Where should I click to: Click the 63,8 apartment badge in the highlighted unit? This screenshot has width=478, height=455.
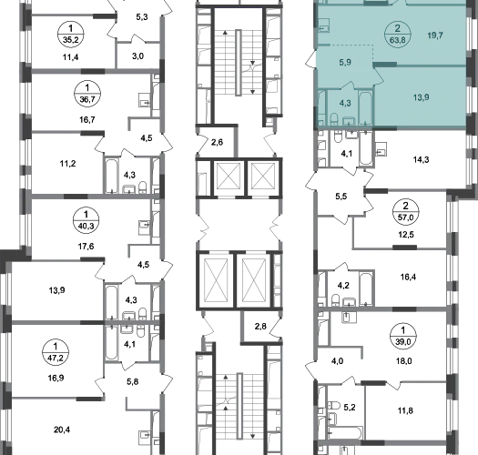[398, 35]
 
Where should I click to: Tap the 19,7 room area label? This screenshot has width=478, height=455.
[435, 35]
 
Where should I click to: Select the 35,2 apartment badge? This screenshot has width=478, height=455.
[71, 35]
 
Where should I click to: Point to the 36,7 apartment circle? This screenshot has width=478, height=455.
[87, 94]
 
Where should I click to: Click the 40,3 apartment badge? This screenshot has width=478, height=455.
[86, 220]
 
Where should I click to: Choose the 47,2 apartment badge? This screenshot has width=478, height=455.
[56, 352]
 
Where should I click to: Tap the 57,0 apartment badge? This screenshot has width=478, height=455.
[406, 211]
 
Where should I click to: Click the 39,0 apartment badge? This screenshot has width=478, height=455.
[403, 336]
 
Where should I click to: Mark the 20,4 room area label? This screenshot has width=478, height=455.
[62, 430]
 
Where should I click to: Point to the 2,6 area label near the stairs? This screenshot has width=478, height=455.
[217, 142]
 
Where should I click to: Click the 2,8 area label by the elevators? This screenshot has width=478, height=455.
[260, 327]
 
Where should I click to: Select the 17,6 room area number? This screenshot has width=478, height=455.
[86, 247]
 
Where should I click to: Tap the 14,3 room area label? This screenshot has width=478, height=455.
[422, 159]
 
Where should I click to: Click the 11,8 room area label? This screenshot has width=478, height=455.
[405, 410]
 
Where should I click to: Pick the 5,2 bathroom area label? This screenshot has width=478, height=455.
[350, 407]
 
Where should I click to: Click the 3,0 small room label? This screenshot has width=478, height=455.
[138, 56]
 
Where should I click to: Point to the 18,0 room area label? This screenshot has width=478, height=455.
[404, 361]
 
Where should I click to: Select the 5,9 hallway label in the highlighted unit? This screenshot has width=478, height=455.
[345, 62]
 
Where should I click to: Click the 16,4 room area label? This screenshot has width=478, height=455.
[408, 277]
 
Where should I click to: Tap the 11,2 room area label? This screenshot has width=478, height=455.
[67, 164]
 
